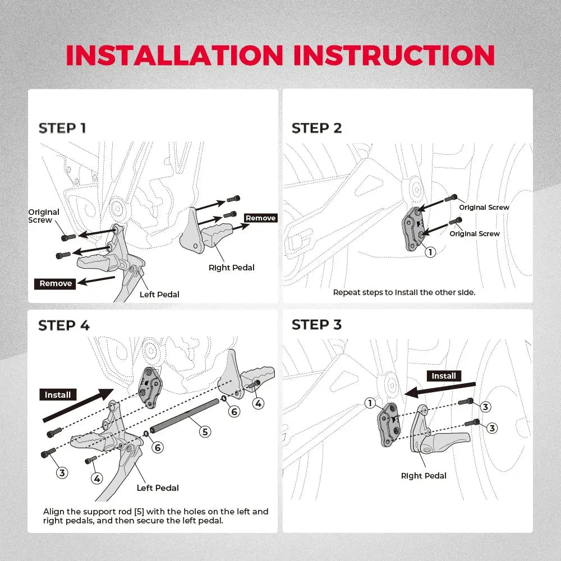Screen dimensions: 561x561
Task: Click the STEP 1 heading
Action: pos(62,128)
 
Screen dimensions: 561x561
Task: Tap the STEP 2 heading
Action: pos(316,128)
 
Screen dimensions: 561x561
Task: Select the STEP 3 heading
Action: pos(316,325)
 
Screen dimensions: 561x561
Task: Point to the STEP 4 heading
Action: pos(63,325)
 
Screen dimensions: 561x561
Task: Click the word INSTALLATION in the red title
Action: pos(174,55)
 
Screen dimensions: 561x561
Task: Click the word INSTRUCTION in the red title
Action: pos(394,55)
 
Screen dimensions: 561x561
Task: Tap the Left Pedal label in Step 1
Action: pos(159,295)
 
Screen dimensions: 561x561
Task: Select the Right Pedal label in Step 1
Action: pos(231,268)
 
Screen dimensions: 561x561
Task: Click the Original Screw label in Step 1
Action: pos(44,216)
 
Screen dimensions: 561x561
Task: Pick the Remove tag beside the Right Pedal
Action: pos(261,218)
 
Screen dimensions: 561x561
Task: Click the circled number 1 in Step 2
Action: pos(430,252)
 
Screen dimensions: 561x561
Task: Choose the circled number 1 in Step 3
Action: pos(370,403)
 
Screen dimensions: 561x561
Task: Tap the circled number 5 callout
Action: pos(205,431)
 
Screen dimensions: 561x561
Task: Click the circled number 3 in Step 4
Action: pos(62,472)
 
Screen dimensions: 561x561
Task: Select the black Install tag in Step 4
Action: pos(58,395)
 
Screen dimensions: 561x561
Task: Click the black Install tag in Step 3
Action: pos(444,376)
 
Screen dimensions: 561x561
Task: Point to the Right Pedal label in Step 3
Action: pos(424,476)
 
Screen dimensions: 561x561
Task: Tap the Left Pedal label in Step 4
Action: pos(158,488)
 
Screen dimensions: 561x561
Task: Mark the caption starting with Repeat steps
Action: pos(404,292)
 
